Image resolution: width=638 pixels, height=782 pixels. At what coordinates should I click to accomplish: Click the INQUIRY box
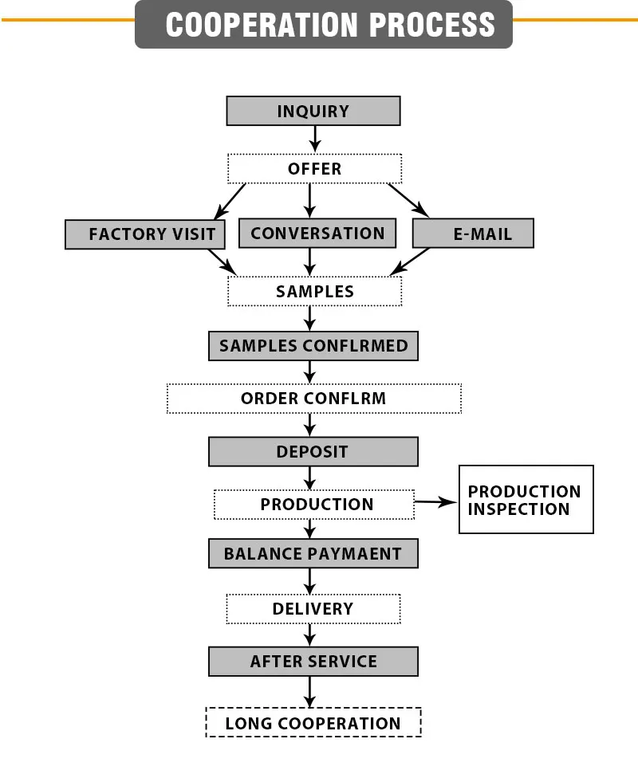(313, 111)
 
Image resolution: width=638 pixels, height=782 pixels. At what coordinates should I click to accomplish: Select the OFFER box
(315, 168)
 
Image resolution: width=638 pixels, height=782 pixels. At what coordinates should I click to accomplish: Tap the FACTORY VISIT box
(145, 234)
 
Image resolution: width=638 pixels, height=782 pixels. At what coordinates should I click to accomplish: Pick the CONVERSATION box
(317, 233)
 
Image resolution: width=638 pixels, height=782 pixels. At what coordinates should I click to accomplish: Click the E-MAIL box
(473, 233)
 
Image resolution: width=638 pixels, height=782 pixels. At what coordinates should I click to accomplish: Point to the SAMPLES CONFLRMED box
(313, 346)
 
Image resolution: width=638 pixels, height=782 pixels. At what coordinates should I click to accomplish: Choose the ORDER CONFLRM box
(314, 399)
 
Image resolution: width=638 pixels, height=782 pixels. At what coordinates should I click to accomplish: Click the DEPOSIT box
(313, 452)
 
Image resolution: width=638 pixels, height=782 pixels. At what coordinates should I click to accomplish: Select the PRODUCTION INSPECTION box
(526, 499)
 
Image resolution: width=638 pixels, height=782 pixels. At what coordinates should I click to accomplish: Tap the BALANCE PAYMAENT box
(313, 553)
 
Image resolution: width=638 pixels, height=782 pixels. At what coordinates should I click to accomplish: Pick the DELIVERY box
(313, 609)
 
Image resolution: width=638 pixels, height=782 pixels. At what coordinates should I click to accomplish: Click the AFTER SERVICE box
(313, 662)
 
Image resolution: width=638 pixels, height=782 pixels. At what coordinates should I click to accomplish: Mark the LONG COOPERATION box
(313, 722)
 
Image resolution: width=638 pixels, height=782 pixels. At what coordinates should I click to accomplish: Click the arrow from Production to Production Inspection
(436, 502)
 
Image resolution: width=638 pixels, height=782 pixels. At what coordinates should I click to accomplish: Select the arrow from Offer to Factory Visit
(230, 202)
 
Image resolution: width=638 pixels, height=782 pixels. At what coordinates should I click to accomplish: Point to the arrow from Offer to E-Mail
(408, 201)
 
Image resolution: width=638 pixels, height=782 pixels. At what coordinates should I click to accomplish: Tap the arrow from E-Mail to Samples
(410, 261)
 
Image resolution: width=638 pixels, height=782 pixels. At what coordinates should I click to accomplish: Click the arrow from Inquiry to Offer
(315, 140)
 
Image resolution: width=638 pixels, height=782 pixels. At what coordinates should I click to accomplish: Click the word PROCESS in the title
(432, 25)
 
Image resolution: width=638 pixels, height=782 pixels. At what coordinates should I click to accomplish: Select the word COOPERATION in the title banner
(262, 25)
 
